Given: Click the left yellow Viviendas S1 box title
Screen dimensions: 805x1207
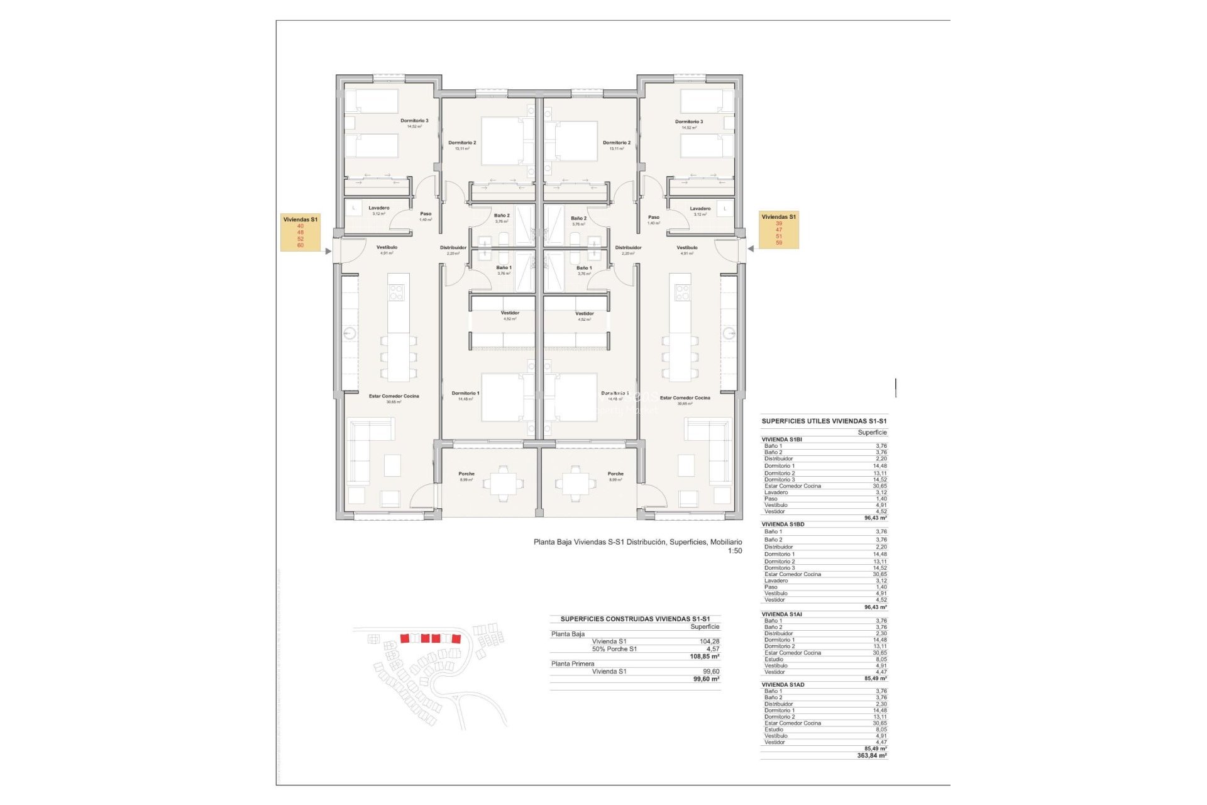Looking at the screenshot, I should (x=300, y=219).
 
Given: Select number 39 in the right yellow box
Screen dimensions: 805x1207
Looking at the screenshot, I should (x=779, y=223).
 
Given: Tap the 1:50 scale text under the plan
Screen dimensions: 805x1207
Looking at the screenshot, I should (x=734, y=551).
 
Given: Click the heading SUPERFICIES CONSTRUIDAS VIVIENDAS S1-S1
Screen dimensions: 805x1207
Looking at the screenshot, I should (x=635, y=619).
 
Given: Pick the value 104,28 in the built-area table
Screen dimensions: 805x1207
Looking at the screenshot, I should (x=709, y=641).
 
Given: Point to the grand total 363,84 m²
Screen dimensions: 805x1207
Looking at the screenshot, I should (x=871, y=755).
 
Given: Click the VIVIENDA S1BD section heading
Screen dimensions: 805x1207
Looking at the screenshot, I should (x=783, y=524).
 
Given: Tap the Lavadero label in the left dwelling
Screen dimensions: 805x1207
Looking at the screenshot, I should (x=378, y=208).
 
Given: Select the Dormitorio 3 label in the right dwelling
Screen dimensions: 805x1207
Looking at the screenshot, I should (x=689, y=121).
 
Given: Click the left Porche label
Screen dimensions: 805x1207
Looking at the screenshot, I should (x=466, y=474).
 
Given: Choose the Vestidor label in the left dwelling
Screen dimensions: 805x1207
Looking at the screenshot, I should (x=510, y=313).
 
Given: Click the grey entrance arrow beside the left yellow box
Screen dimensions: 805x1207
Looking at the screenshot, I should (x=328, y=252).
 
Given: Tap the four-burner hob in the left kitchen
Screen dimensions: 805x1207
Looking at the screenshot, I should (x=396, y=292).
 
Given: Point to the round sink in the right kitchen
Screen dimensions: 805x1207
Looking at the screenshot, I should (x=729, y=333).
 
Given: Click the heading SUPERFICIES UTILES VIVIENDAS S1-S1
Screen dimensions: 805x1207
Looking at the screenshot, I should (x=824, y=421).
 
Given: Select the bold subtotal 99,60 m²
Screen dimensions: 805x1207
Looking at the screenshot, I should (x=706, y=679).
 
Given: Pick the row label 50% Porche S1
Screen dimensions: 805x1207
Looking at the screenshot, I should (x=614, y=649).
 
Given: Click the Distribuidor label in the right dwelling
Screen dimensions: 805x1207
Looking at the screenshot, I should (x=628, y=247).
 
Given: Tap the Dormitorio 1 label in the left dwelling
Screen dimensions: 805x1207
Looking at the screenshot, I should (x=465, y=393).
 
